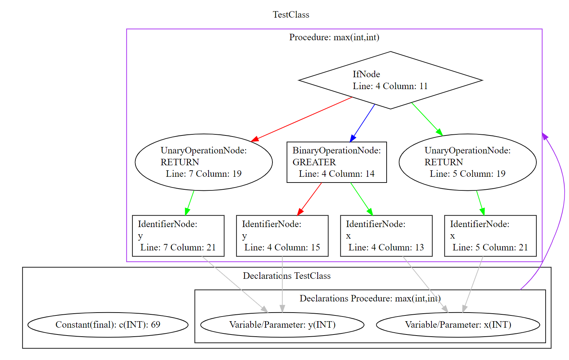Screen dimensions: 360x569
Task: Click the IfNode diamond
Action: pyautogui.click(x=391, y=80)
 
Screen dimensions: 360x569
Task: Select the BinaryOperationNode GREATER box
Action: pyautogui.click(x=336, y=162)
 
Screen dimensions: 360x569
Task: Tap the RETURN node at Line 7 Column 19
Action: pyautogui.click(x=204, y=162)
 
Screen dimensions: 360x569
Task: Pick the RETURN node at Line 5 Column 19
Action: pyautogui.click(x=467, y=162)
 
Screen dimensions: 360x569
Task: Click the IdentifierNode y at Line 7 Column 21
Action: pyautogui.click(x=178, y=236)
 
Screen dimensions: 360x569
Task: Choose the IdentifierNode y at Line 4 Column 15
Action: pyautogui.click(x=282, y=236)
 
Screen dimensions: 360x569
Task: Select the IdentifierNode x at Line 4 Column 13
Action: pyautogui.click(x=386, y=236)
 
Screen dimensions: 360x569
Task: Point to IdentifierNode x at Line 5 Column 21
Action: pyautogui.click(x=490, y=236)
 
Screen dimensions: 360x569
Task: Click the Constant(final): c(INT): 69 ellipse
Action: pyautogui.click(x=108, y=325)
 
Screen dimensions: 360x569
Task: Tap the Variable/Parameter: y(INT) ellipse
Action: pyautogui.click(x=282, y=325)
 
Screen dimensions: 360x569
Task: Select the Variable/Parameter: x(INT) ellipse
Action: pyautogui.click(x=458, y=325)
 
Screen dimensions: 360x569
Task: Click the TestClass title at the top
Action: pyautogui.click(x=291, y=15)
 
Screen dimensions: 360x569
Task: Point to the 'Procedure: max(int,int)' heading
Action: pyautogui.click(x=334, y=37)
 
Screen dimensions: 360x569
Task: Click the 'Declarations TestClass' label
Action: pyautogui.click(x=286, y=276)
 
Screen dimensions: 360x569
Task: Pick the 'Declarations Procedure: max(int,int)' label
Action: pyautogui.click(x=370, y=299)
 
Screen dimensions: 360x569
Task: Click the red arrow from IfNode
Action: pyautogui.click(x=302, y=119)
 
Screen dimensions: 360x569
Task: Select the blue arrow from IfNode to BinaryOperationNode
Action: pyautogui.click(x=363, y=123)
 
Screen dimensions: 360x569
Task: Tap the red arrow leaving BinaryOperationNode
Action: pyautogui.click(x=310, y=199)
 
